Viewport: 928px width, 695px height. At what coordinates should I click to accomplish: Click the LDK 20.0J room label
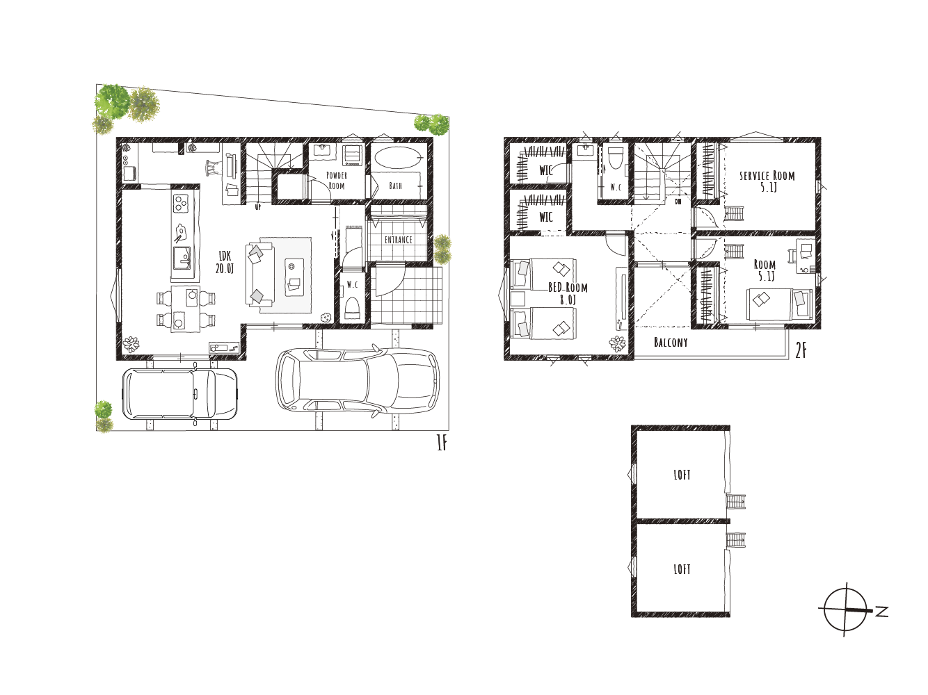click(x=225, y=262)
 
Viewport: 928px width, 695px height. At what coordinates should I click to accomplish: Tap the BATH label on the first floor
click(x=396, y=186)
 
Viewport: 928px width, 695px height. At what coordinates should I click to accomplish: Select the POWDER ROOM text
click(x=337, y=180)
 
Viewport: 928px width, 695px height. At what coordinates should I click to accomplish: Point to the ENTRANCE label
click(x=398, y=240)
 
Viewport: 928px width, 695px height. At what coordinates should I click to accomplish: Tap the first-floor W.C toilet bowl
click(x=352, y=308)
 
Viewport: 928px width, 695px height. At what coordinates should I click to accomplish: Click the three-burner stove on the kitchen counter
click(x=182, y=203)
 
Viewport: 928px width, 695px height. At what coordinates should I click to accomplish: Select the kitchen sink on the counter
click(x=182, y=258)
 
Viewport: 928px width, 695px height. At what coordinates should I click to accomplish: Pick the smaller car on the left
click(x=180, y=394)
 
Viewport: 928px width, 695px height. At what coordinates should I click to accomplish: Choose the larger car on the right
click(x=358, y=379)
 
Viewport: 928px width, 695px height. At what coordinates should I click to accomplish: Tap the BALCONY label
click(x=671, y=342)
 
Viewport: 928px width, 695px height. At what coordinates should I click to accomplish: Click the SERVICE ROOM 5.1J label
click(x=767, y=181)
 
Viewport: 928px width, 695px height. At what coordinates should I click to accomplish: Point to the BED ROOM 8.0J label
click(x=568, y=293)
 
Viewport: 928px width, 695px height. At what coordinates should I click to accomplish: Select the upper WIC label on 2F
click(x=546, y=171)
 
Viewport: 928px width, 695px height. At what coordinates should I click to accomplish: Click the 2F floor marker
click(x=801, y=351)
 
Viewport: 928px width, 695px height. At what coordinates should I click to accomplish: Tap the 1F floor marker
click(x=442, y=443)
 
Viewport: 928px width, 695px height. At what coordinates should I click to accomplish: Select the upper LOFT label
click(x=682, y=475)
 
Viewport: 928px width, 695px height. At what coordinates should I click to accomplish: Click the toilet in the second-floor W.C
click(x=613, y=161)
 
